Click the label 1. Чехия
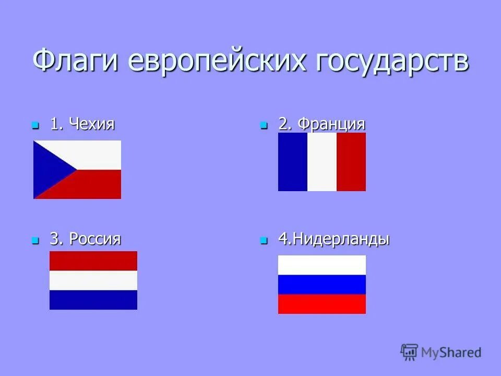click(82, 125)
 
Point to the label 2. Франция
click(321, 125)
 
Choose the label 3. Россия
click(85, 239)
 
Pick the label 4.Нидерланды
click(334, 240)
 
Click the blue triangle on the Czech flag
click(50, 169)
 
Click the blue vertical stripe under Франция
click(292, 162)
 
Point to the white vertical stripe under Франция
click(321, 162)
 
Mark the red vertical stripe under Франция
click(351, 162)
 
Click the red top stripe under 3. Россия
click(93, 261)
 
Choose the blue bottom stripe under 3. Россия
click(93, 300)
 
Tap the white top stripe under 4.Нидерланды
click(321, 265)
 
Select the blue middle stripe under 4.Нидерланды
click(321, 285)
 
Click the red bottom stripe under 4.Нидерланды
click(321, 304)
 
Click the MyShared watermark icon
click(409, 352)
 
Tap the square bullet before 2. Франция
click(264, 126)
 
